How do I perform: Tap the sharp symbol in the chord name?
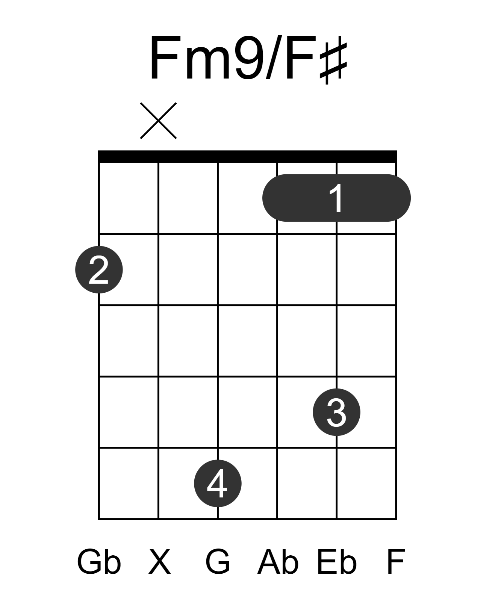[x=333, y=63]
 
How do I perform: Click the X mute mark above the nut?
[x=158, y=121]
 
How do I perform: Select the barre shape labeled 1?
[x=336, y=198]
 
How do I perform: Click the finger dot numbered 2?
[x=99, y=269]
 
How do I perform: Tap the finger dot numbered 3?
[x=336, y=412]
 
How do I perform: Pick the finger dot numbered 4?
[x=218, y=483]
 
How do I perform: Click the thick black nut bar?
[x=247, y=156]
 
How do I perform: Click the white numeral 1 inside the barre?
[x=336, y=198]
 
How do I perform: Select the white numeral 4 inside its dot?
[x=217, y=483]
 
